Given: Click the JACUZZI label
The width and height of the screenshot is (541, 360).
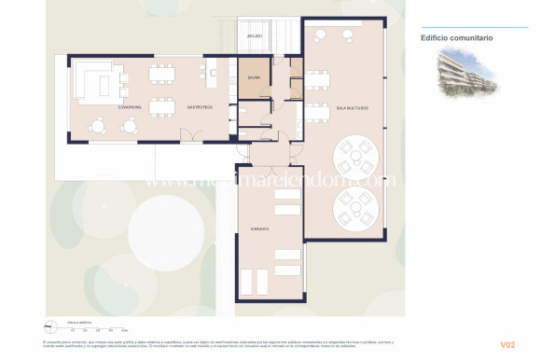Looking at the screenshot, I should pyautogui.click(x=254, y=37).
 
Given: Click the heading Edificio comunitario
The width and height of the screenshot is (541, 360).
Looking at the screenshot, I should pyautogui.click(x=457, y=38).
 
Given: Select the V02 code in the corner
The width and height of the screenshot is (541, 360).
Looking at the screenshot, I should pyautogui.click(x=506, y=345).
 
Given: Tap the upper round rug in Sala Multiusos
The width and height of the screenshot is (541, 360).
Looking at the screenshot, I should pyautogui.click(x=354, y=151).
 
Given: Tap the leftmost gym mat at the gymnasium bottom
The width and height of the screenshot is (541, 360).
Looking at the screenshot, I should pyautogui.click(x=250, y=280).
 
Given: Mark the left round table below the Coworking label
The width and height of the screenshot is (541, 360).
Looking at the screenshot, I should pyautogui.click(x=99, y=125).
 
